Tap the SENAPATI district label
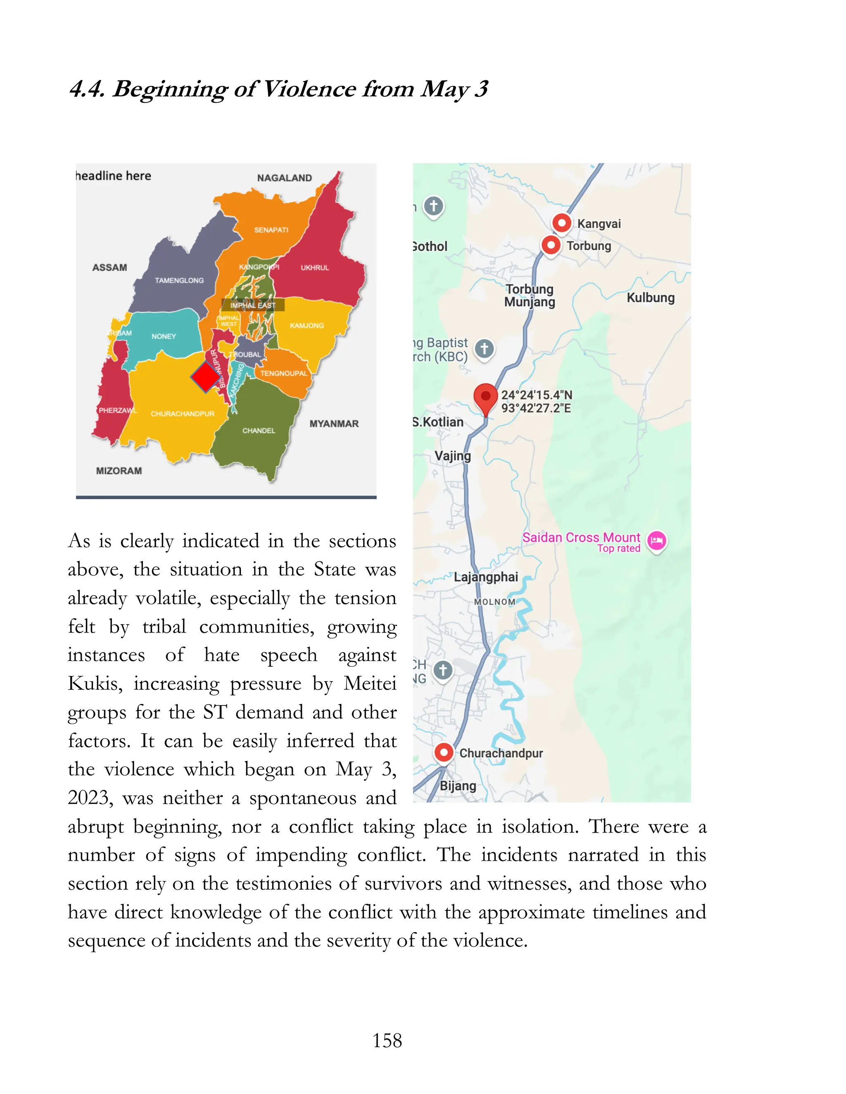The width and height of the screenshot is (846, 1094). point(271,230)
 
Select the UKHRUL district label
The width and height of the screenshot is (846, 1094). point(315,268)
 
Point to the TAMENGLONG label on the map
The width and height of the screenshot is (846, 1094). point(179,280)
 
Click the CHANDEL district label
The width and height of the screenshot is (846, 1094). point(259,431)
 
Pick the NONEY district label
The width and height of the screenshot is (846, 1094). point(164,336)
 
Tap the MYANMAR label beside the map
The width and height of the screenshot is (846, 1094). point(334,424)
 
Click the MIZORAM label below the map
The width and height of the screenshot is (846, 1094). point(119,471)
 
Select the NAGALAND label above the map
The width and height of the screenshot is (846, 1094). point(284,178)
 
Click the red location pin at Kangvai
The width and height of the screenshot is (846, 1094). point(562,223)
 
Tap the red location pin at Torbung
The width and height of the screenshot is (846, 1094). point(551,245)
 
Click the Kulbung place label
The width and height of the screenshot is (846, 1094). point(651,298)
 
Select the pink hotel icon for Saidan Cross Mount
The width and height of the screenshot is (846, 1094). point(656,540)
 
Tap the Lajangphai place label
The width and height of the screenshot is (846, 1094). point(486,577)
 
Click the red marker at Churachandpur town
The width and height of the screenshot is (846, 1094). point(444,752)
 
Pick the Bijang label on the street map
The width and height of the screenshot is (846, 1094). point(458,786)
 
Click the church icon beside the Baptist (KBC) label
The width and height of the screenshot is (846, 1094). point(484,348)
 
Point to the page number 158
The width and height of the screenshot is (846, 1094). point(387,1040)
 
